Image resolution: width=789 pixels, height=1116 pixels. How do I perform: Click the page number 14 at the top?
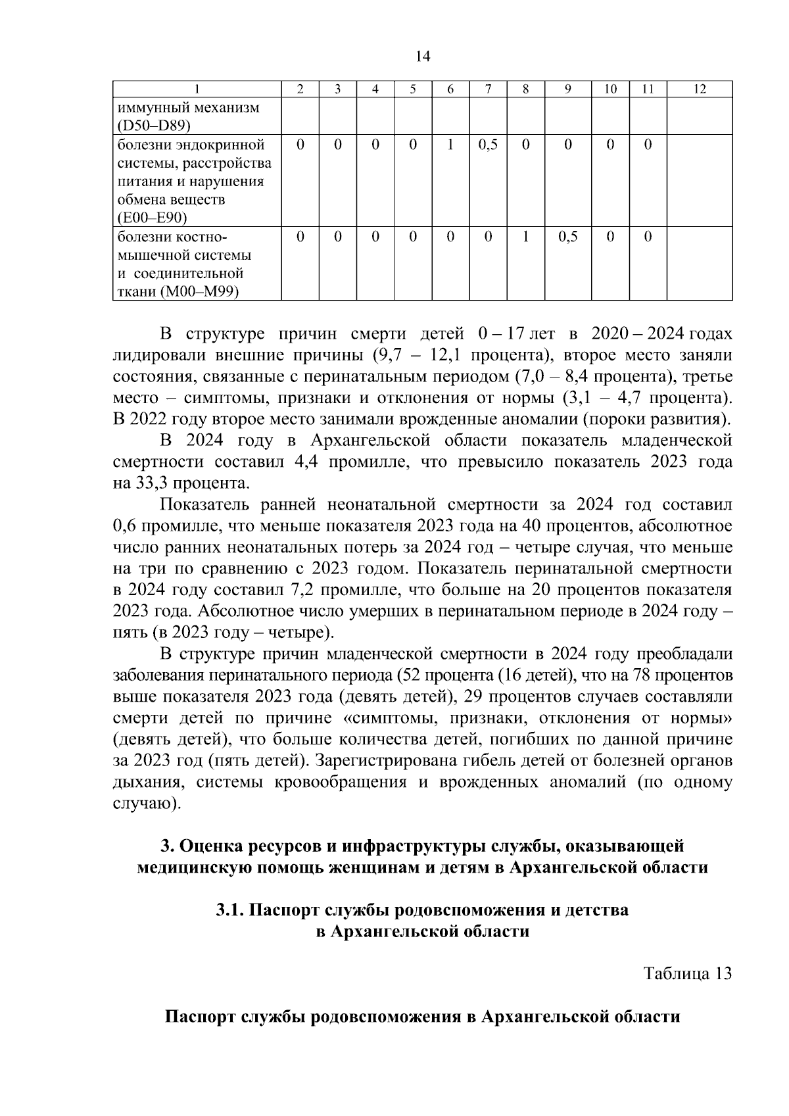point(423,57)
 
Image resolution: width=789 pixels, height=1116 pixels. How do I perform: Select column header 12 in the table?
point(700,89)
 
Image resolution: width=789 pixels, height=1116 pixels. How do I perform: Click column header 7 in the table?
point(488,89)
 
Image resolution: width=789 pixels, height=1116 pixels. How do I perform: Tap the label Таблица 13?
point(687,973)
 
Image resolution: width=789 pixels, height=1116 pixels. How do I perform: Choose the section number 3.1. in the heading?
point(230,910)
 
